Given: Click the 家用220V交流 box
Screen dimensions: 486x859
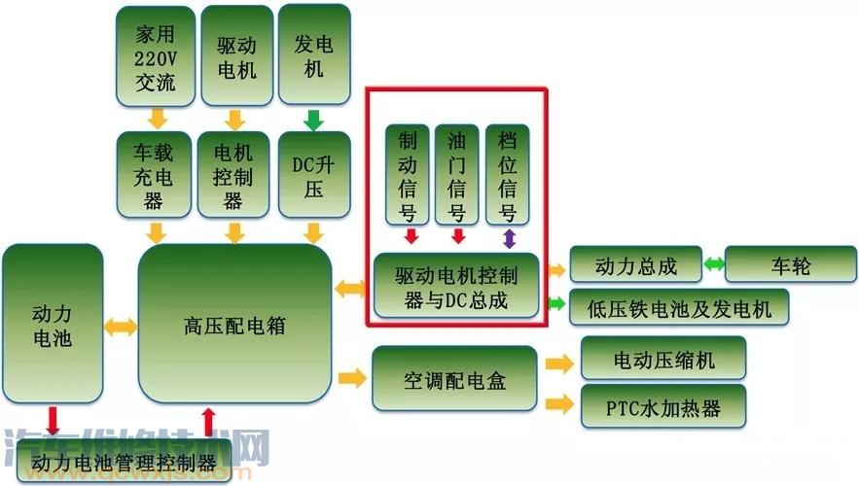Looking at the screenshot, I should point(155,56).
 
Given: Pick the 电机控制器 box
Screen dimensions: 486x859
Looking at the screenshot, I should point(233,176).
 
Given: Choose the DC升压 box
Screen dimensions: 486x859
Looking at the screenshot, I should point(313,175).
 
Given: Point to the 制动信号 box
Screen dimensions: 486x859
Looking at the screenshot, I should point(408,175).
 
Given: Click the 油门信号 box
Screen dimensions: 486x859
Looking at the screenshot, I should point(457,175).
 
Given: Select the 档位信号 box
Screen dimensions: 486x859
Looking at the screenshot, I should point(507,175).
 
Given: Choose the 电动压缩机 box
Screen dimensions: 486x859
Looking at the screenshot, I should point(663,361).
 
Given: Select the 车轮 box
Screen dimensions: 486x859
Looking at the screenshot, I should point(790,265).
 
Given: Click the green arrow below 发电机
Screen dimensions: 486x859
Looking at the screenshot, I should point(313,121).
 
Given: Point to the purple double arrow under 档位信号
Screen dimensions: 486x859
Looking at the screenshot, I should point(508,237).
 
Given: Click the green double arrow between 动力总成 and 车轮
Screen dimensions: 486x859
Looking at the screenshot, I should point(714,264).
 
